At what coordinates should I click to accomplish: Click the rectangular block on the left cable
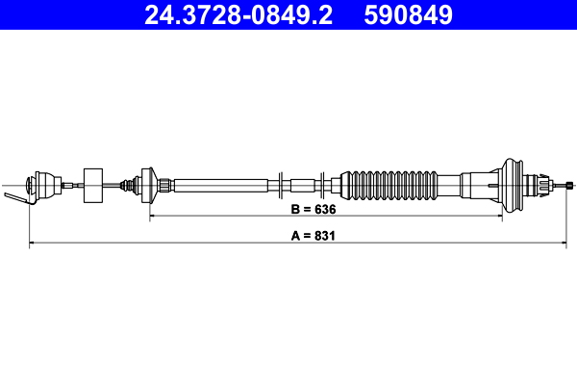[x=94, y=185]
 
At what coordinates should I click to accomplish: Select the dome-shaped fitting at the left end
[x=42, y=184]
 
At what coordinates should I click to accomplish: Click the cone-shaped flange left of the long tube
[x=148, y=184]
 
